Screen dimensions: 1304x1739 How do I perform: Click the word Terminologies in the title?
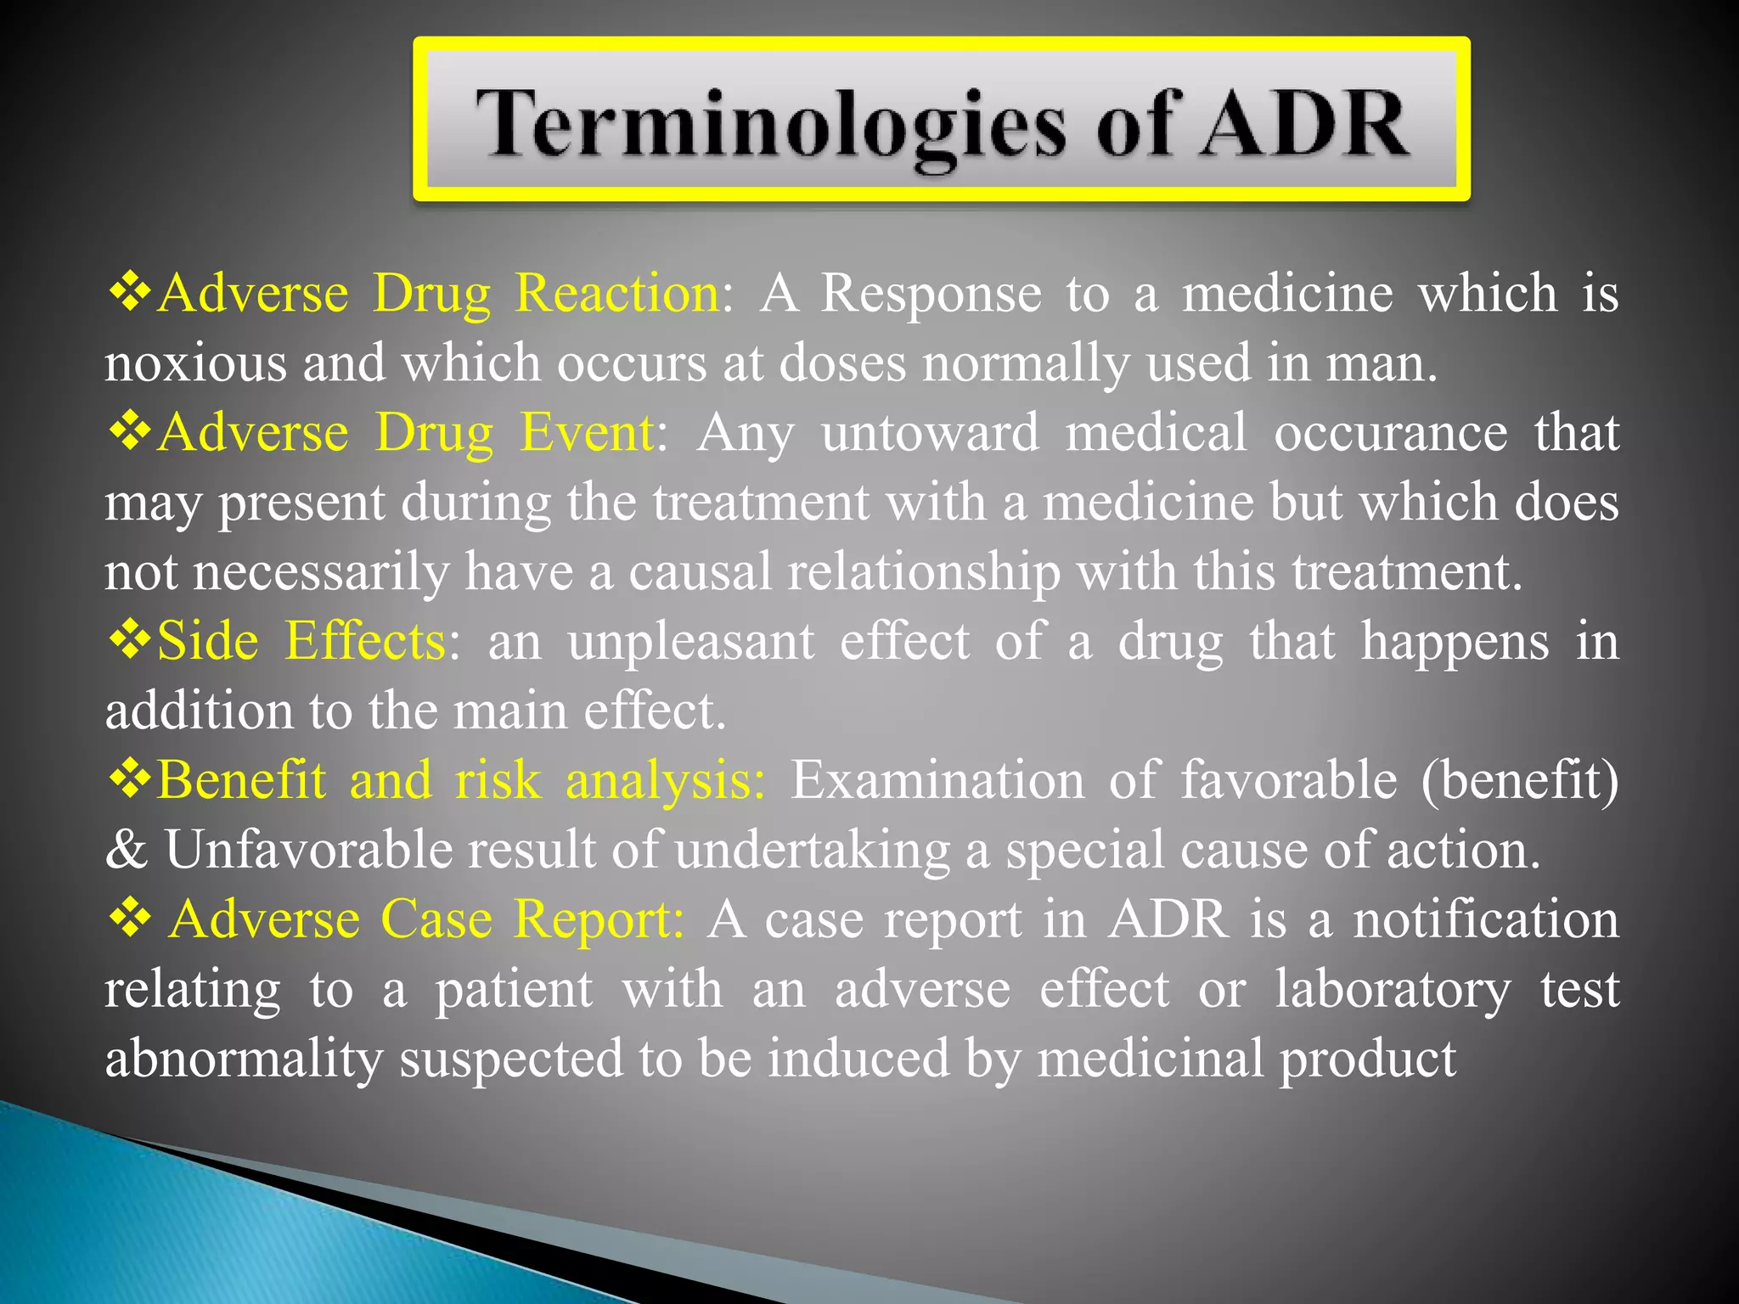click(769, 126)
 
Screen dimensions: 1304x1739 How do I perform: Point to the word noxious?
click(195, 363)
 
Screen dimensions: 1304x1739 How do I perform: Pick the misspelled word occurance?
click(1391, 433)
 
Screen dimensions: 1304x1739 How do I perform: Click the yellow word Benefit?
click(241, 780)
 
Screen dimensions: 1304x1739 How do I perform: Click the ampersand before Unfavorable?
click(127, 850)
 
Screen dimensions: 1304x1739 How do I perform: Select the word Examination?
click(937, 780)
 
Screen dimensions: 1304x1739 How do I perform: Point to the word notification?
click(1486, 919)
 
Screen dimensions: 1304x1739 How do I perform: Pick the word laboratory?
click(1393, 991)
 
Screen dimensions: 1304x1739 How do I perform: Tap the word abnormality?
click(244, 1060)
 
